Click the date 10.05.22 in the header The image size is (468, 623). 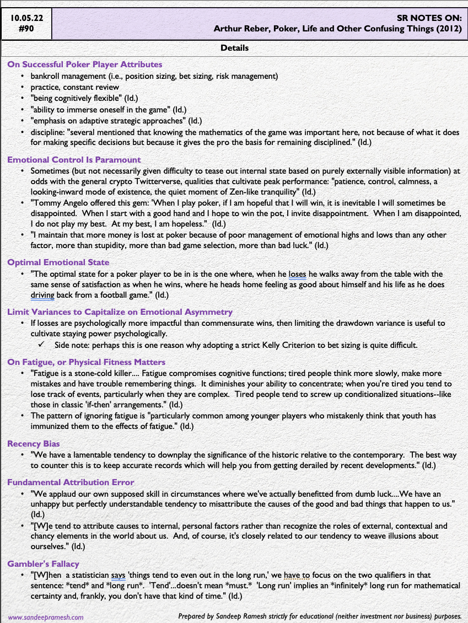point(26,18)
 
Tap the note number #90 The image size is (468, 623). point(26,29)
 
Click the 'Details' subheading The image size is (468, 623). point(234,48)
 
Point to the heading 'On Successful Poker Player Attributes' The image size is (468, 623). point(85,65)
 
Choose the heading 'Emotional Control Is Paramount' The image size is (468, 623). point(74,160)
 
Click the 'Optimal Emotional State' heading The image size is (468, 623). point(58,262)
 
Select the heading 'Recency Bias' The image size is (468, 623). point(34,444)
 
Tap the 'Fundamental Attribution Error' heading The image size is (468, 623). point(71,482)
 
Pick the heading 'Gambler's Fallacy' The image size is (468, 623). point(43,564)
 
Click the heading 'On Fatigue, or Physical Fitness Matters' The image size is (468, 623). point(86,362)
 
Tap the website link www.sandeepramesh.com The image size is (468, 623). point(45,617)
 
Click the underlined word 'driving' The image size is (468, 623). point(42,295)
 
